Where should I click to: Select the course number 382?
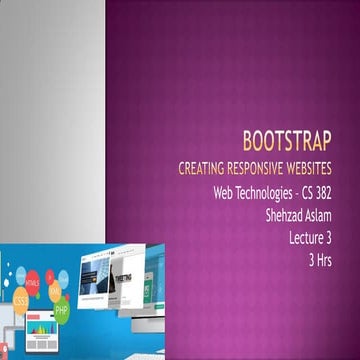tap(343, 190)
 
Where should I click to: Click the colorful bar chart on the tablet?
tap(41, 329)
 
